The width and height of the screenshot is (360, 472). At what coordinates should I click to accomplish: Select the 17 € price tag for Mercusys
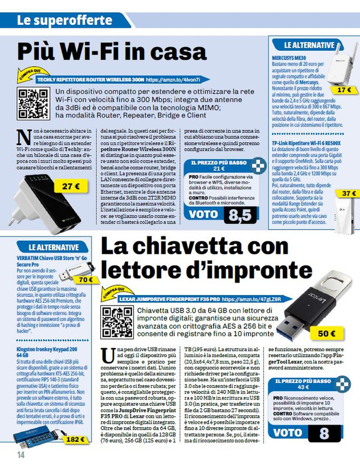(343, 90)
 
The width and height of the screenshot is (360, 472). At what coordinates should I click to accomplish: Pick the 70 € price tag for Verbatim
(86, 280)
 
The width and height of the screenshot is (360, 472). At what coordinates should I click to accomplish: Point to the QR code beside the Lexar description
(116, 322)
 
